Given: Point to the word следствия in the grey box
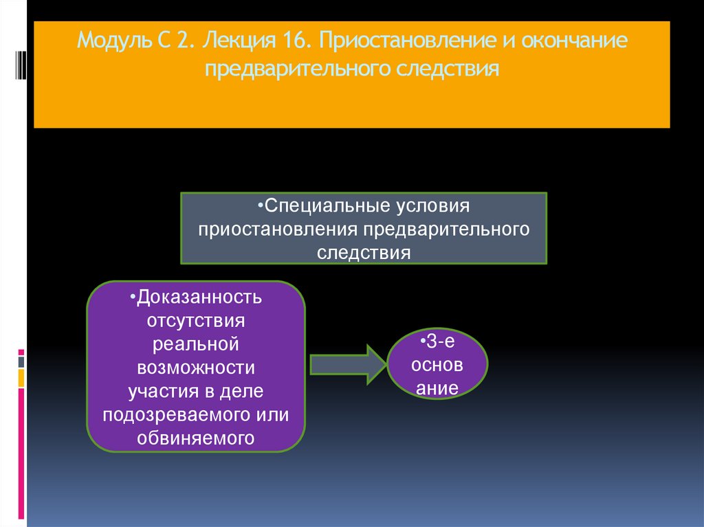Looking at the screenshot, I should point(364,252).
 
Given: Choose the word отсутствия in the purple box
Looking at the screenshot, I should point(196,321).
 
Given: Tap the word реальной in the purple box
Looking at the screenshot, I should point(196,344).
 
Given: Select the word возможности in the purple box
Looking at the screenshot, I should point(196,368).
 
